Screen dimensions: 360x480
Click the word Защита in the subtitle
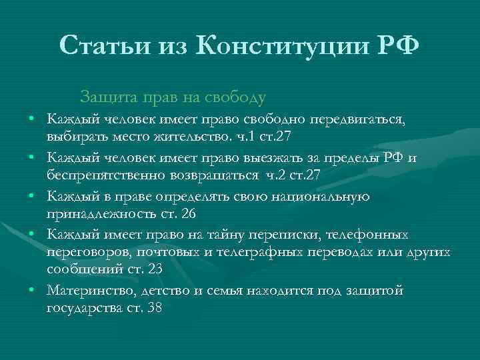click(106, 97)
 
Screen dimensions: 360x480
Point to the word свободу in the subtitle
click(237, 97)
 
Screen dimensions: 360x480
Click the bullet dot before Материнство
click(32, 291)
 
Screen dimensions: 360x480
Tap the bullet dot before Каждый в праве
click(32, 197)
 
